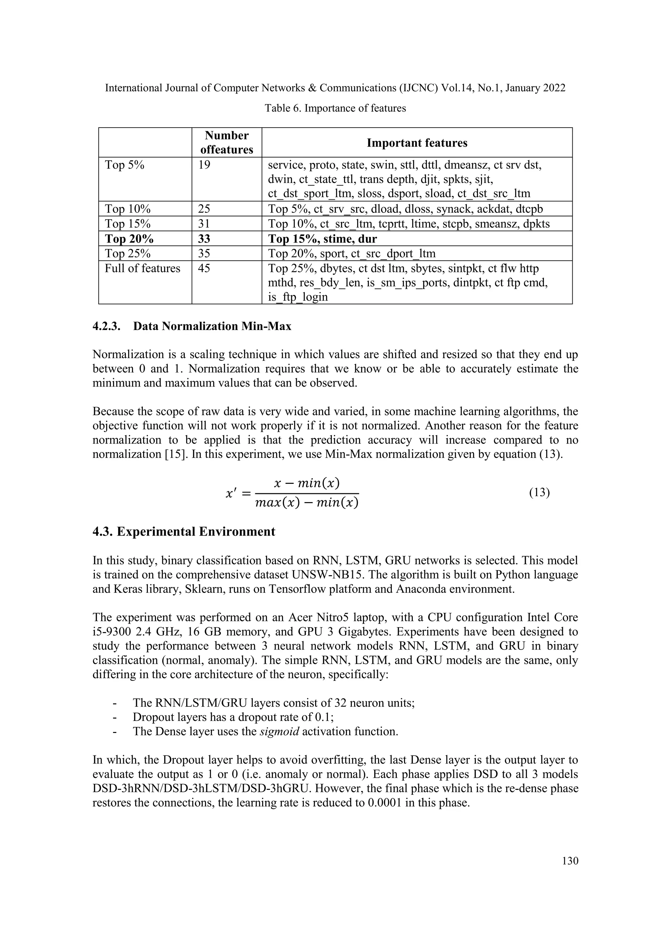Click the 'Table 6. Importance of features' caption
[x=335, y=108]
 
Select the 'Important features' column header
[x=417, y=143]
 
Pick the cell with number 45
[x=204, y=268]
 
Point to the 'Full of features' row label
[x=143, y=268]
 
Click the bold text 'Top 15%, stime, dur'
[x=323, y=239]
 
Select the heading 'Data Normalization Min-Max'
[x=212, y=326]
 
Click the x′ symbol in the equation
[x=231, y=493]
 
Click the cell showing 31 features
[x=204, y=224]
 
